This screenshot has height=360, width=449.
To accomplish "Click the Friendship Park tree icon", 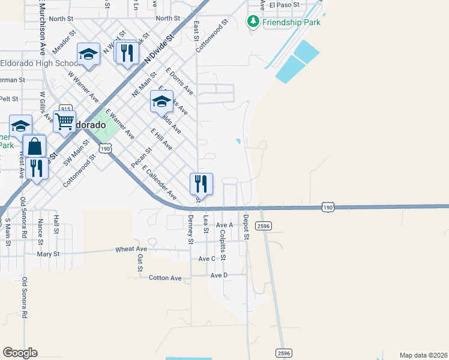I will coord(253,22).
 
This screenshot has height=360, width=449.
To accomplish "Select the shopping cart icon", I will coord(64,120).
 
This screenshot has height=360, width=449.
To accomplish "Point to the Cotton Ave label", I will coord(164,278).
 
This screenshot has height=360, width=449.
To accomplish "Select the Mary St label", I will coord(48,254).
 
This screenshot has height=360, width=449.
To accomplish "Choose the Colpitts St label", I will coord(223,245).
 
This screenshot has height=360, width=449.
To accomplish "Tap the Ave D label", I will coord(219,275).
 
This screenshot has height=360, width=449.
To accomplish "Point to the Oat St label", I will coord(140,262).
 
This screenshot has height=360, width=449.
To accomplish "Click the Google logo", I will coord(20,352).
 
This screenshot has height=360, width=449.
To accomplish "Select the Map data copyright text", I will coord(424,355).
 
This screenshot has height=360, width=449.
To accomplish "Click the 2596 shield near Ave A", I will coord(263,225).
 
